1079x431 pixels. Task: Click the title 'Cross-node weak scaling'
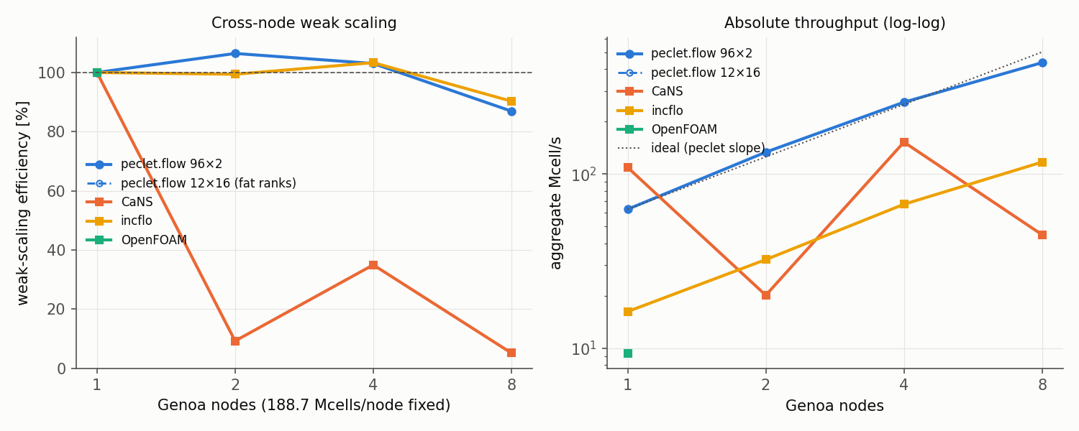click(x=304, y=23)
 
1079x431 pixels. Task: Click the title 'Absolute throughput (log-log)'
click(x=834, y=23)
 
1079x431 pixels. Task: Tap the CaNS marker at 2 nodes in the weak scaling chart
click(x=235, y=341)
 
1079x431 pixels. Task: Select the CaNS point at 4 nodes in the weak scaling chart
click(x=373, y=265)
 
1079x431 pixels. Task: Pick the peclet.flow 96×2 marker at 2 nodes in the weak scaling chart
click(x=235, y=53)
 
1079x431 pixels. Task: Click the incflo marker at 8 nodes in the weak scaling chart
click(x=511, y=101)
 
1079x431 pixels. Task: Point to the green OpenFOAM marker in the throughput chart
click(x=628, y=353)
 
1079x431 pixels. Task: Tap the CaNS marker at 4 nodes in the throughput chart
click(x=904, y=142)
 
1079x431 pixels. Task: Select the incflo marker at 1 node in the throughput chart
click(x=628, y=312)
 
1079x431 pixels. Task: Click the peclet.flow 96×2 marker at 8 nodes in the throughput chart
click(x=1042, y=63)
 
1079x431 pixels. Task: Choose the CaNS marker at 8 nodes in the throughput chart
click(x=1042, y=235)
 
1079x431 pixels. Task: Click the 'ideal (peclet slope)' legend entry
click(x=691, y=148)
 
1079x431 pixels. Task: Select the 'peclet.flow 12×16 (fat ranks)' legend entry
click(x=191, y=183)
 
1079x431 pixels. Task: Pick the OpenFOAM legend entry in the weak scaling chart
click(x=137, y=239)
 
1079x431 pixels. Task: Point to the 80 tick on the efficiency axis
click(x=56, y=131)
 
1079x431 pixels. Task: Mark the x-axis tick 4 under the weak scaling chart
click(x=373, y=385)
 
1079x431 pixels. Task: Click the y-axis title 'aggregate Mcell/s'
click(x=555, y=203)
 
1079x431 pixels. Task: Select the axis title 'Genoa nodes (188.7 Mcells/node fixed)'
click(x=304, y=405)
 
